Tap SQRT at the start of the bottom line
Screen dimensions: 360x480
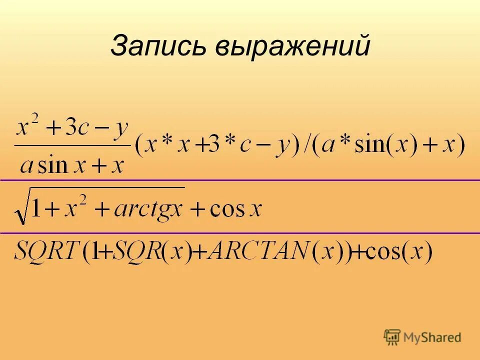coord(45,251)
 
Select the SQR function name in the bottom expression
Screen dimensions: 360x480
coord(134,251)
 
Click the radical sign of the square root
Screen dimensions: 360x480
coord(21,210)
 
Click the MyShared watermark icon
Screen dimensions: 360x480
coord(392,337)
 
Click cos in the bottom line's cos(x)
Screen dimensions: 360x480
coord(380,252)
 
